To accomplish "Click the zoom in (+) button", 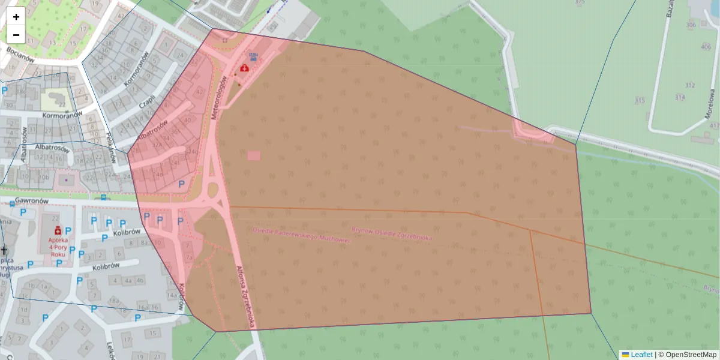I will pyautogui.click(x=16, y=17).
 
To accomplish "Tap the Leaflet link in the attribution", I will pyautogui.click(x=641, y=355).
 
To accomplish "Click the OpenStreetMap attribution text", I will pyautogui.click(x=691, y=355).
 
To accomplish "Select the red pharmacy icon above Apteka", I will pyautogui.click(x=58, y=230).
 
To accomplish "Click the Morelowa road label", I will pyautogui.click(x=709, y=103).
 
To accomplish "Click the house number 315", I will pyautogui.click(x=640, y=100).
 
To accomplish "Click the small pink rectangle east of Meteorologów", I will pyautogui.click(x=254, y=155).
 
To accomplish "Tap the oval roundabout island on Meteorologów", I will pyautogui.click(x=212, y=191).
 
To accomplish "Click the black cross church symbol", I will pyautogui.click(x=5, y=249).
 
